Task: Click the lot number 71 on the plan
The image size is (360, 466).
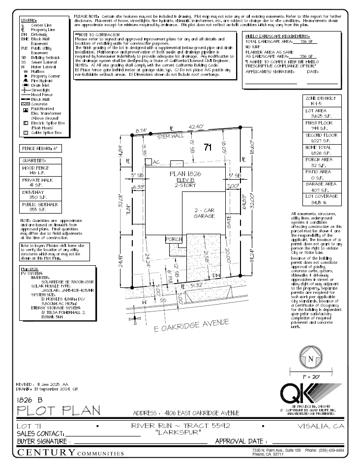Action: pyautogui.click(x=207, y=147)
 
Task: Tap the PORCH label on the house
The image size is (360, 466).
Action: pyautogui.click(x=173, y=240)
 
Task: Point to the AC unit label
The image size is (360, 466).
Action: pyautogui.click(x=157, y=162)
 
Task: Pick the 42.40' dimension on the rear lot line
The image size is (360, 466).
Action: pyautogui.click(x=195, y=127)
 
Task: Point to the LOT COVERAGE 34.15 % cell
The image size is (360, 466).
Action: pyautogui.click(x=322, y=199)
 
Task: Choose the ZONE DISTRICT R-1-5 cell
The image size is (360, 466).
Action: pyautogui.click(x=322, y=101)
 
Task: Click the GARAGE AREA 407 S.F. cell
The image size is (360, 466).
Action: pyautogui.click(x=322, y=186)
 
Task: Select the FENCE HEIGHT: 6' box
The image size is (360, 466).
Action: pyautogui.click(x=40, y=148)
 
